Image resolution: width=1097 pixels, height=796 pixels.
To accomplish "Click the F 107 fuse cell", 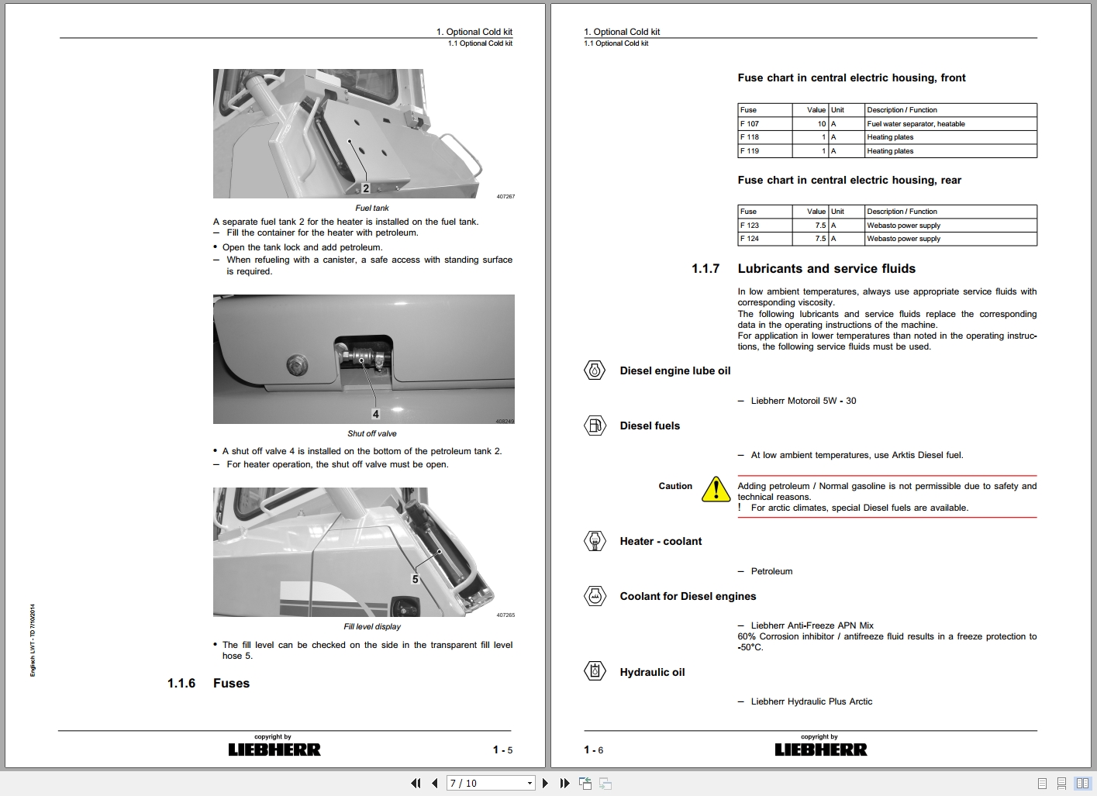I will tap(750, 124).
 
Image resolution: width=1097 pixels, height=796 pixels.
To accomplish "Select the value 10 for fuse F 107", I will tap(821, 124).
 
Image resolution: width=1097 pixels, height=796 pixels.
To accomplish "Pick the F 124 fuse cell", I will tap(750, 239).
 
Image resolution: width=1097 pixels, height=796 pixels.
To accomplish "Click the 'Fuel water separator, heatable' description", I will tap(916, 124).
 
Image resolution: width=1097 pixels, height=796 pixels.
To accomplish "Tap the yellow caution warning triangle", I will tap(716, 489).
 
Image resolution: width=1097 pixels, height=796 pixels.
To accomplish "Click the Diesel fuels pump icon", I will tap(595, 426).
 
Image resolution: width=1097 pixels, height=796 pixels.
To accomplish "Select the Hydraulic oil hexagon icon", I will tap(595, 671).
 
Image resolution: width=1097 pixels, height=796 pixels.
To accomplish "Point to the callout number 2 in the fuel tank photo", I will tap(366, 188).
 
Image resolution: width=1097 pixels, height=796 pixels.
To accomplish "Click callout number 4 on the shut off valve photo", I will tap(375, 414).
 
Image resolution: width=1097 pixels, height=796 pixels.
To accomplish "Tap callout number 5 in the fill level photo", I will tap(415, 579).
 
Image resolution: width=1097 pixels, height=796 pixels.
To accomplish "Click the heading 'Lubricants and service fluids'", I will tap(826, 269).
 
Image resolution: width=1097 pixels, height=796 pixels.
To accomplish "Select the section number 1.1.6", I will tap(181, 683).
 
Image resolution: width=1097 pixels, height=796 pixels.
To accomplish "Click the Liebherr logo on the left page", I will tap(274, 749).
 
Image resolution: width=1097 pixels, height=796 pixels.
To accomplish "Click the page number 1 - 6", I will tap(593, 749).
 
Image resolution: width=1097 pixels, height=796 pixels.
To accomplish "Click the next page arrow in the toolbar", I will tap(546, 784).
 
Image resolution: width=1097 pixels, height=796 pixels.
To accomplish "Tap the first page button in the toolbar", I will tap(416, 784).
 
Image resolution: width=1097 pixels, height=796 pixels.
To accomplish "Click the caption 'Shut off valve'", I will tap(371, 434).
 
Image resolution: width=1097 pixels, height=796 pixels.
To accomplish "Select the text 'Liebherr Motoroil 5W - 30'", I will tap(803, 401).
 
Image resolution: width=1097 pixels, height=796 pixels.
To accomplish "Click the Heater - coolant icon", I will tap(595, 541).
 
